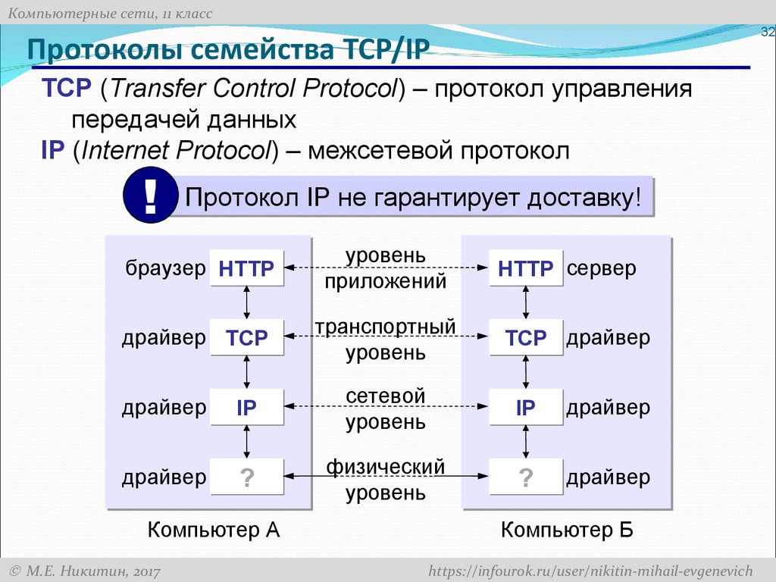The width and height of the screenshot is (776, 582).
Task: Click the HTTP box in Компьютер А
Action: coord(246,268)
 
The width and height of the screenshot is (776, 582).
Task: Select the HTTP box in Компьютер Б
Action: coord(526,268)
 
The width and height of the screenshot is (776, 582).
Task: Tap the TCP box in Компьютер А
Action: coord(246,338)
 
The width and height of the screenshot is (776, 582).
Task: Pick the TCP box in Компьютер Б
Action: coord(526,338)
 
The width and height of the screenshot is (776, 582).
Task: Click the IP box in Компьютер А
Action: coord(246,408)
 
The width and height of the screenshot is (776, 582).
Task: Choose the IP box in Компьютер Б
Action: coord(526,408)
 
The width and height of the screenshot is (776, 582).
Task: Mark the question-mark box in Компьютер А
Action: coord(246,477)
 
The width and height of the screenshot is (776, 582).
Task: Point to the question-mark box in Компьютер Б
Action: coord(526,477)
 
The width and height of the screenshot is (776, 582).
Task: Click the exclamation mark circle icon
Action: coord(151,198)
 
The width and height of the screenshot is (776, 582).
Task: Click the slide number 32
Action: coord(767,31)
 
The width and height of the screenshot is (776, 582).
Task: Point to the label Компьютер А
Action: coord(214,530)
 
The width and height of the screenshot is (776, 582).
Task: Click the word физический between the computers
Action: coord(386,467)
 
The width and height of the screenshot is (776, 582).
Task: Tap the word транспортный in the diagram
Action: coord(386,327)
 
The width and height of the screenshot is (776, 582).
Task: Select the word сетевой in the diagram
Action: coord(386,396)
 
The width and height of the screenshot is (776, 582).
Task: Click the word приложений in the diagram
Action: coord(386,283)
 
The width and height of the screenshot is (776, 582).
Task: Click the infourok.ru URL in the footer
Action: coord(590,570)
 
